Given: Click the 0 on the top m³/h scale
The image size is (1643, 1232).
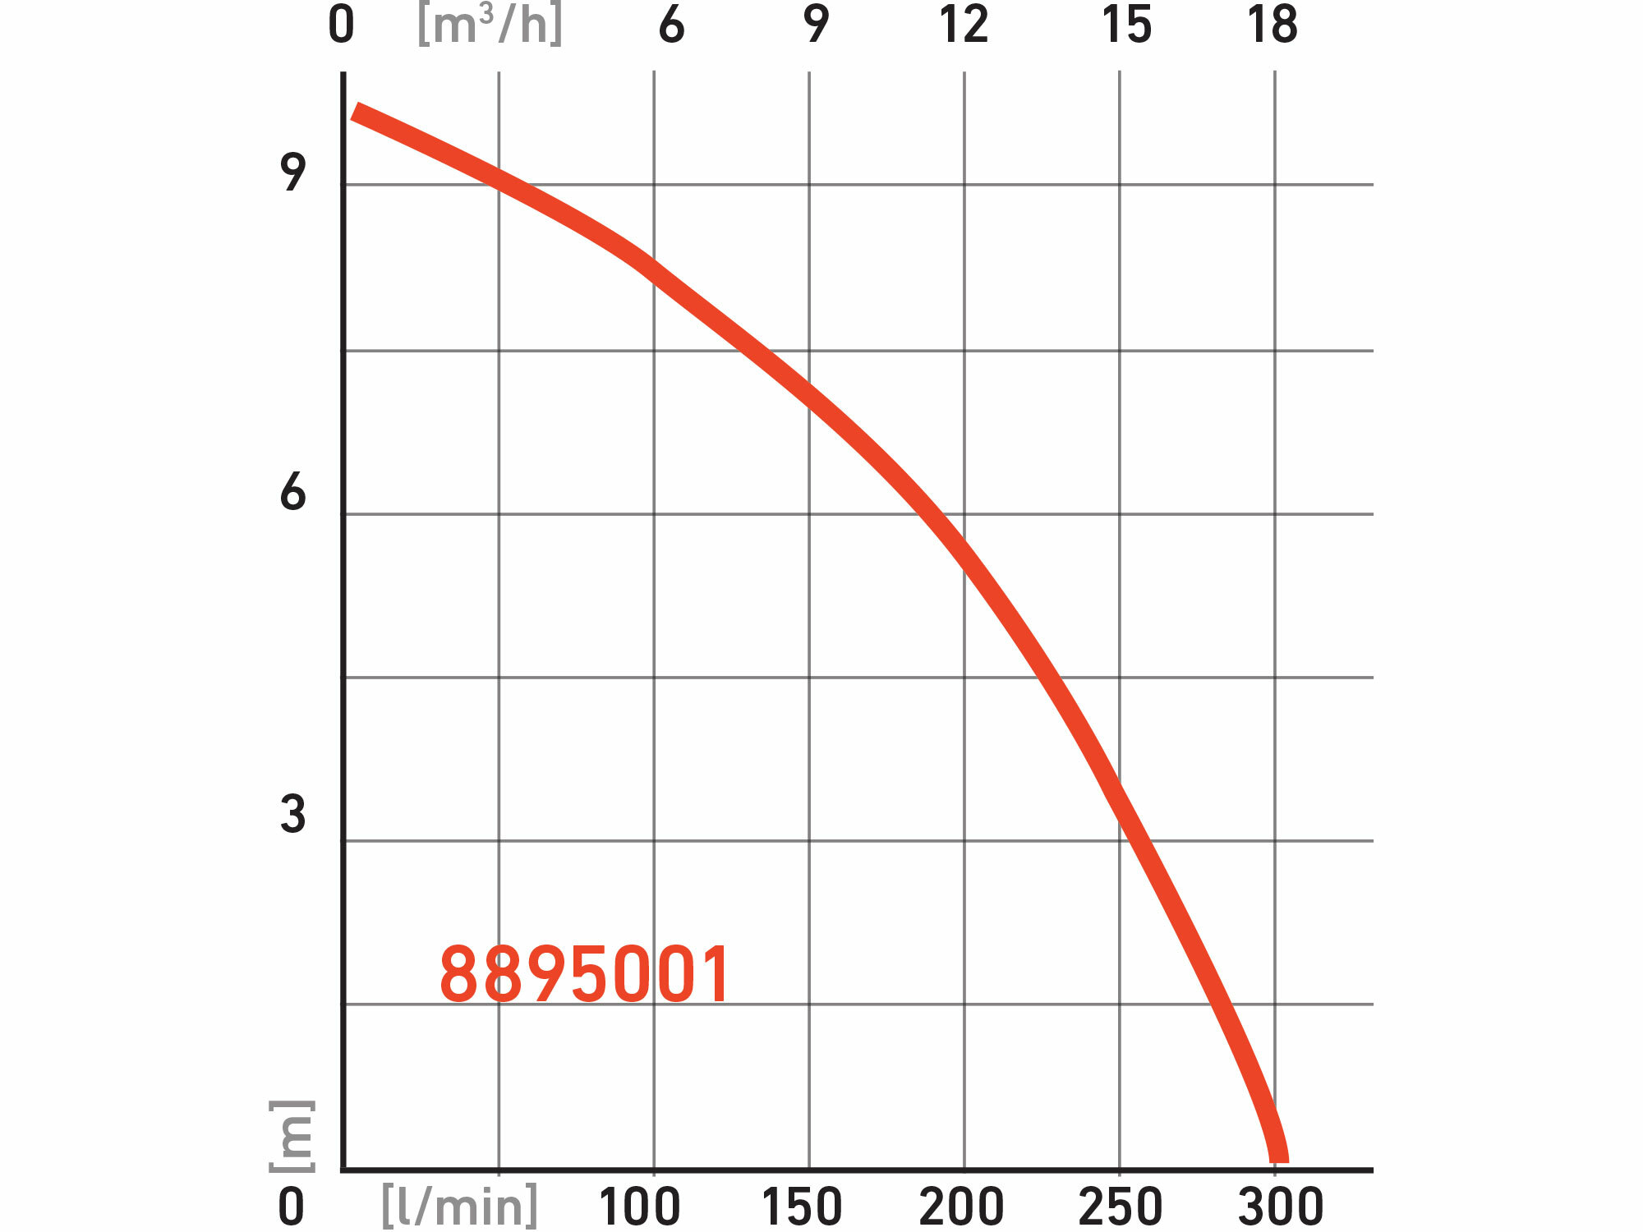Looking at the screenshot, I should coord(341,25).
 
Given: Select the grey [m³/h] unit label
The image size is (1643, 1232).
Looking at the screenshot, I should coord(490,25).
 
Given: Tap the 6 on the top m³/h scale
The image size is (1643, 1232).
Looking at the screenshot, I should coord(671,25).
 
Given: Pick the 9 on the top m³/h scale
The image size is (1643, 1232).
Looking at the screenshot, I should coord(816,25).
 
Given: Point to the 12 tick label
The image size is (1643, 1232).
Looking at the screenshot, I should coord(964,25).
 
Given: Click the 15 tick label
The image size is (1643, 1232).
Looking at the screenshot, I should coord(1126,25).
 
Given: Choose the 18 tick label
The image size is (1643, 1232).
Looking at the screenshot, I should coord(1273,25).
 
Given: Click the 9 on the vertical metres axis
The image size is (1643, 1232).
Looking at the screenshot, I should coord(292,172).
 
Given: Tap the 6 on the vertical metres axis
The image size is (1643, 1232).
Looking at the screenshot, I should coord(292,492).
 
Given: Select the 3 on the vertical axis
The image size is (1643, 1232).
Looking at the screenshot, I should coord(292,815).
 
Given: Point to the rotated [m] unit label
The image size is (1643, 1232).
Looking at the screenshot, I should coord(292,1136).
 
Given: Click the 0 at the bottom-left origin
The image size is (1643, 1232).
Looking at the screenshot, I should coord(291,1207).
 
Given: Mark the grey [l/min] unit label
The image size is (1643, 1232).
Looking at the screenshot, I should coord(460,1207).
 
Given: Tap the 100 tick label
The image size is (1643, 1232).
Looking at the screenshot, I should coord(639,1207).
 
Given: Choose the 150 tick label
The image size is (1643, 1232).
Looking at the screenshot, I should coord(802,1207).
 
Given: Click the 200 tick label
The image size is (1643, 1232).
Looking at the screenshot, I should coord(961,1207).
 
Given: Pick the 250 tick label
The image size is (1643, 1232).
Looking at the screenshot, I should coord(1121,1207).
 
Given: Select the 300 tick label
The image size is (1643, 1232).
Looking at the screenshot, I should coord(1281,1207).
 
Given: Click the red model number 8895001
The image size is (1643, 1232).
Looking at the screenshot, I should coord(585,975).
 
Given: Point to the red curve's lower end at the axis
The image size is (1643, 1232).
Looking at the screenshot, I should coord(1279,1156).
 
